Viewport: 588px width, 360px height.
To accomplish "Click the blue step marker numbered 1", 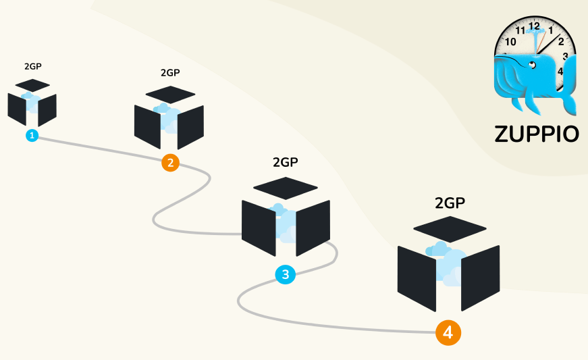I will (x=32, y=136).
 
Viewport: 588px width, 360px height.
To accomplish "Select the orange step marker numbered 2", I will (x=170, y=162).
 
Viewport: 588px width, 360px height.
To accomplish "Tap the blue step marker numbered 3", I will (x=286, y=274).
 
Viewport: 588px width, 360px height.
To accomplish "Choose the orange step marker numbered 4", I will (x=448, y=332).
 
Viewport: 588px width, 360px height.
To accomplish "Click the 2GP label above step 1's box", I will (x=33, y=67).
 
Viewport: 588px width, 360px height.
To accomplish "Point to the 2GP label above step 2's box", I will (x=171, y=72).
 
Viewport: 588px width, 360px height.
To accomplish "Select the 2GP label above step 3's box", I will (x=285, y=162).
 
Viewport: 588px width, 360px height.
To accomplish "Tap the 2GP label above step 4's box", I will (x=450, y=202).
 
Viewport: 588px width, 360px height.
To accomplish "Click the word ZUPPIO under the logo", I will (x=537, y=133).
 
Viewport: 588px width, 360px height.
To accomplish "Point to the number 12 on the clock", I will (x=534, y=26).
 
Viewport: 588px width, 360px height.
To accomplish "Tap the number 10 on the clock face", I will (x=510, y=42).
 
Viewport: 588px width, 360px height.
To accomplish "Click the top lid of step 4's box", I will (x=450, y=228).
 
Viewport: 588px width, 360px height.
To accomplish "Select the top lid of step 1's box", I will (x=32, y=85).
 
